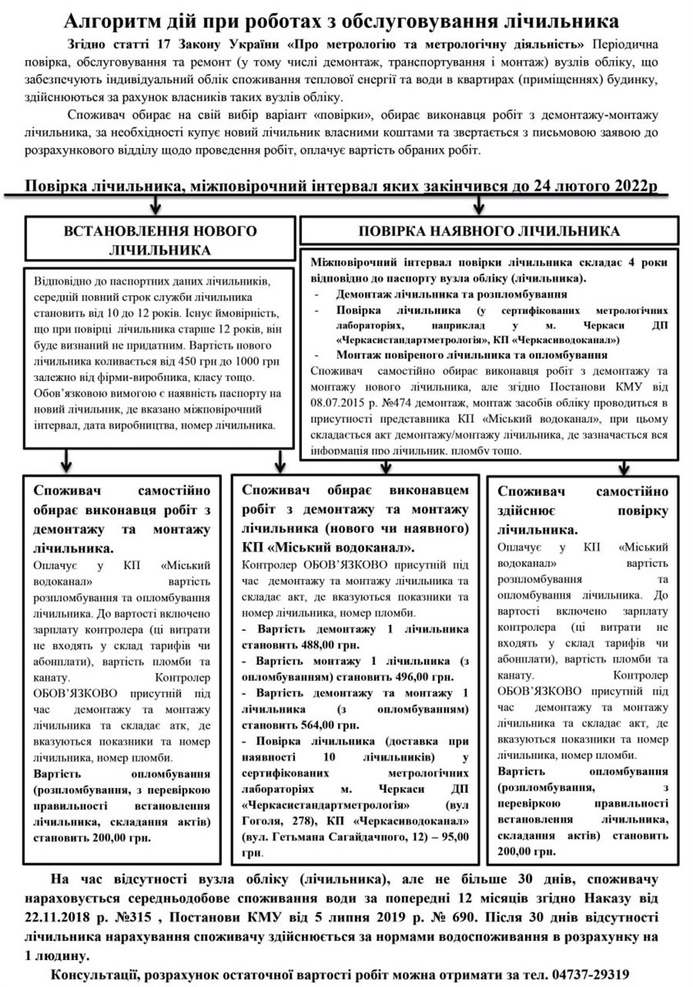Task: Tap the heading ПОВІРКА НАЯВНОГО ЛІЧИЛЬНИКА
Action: (x=487, y=231)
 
